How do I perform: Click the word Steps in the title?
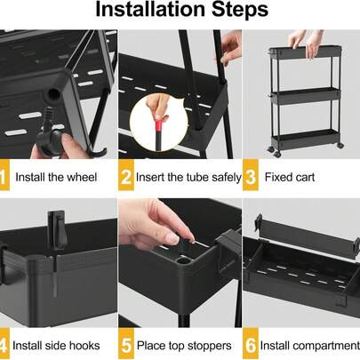(x=235, y=11)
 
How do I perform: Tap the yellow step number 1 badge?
(x=5, y=176)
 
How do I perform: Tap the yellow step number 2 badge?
(x=126, y=176)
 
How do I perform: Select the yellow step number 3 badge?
(x=251, y=176)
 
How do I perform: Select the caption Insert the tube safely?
(x=189, y=177)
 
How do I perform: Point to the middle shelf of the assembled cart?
(x=302, y=98)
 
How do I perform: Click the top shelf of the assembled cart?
(x=302, y=55)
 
